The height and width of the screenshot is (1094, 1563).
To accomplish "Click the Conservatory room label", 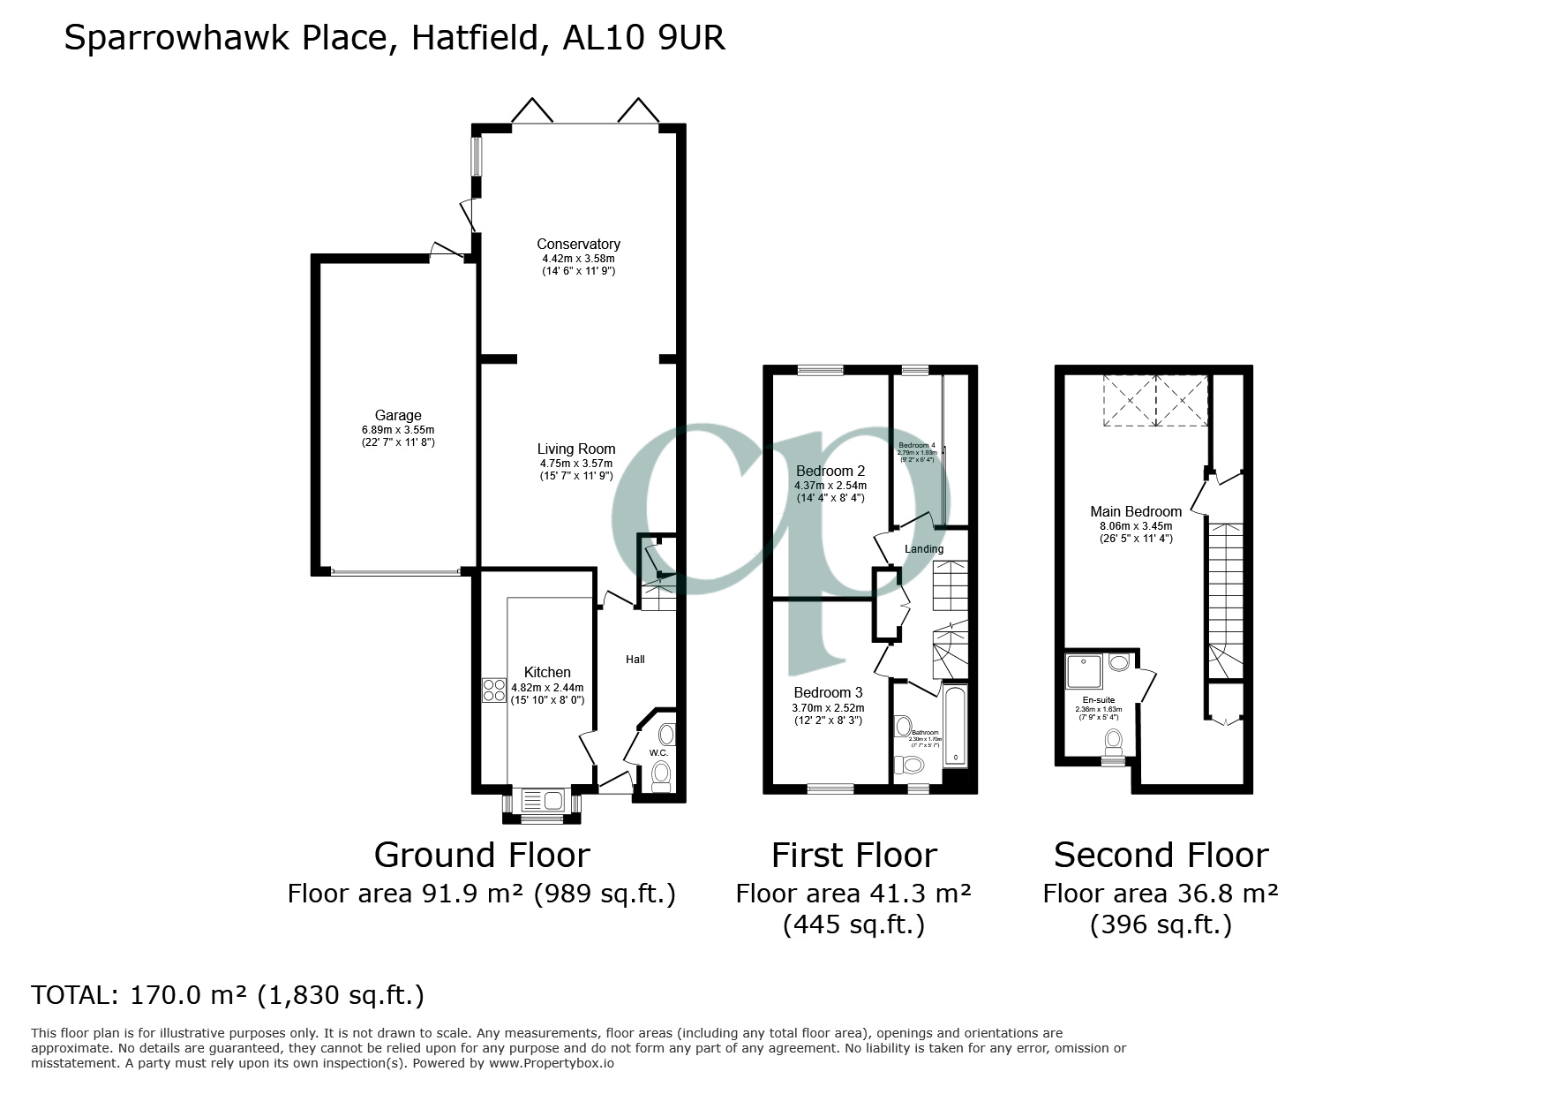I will coord(578,244).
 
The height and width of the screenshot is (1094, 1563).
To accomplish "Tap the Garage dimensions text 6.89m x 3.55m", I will coord(398,430).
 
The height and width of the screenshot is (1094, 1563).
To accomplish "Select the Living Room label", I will coord(576,449).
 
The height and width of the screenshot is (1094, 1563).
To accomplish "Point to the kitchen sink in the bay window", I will coord(542,802).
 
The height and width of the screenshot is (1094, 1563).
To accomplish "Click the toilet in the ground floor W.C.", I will coord(660,776).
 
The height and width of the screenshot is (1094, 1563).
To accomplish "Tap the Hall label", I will coord(635,660).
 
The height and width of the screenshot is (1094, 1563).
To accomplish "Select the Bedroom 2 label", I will coord(830,471).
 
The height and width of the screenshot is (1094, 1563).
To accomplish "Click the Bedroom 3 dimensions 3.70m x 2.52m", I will coord(828,707).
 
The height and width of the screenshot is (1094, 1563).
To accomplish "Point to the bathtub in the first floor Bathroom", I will coord(955,724).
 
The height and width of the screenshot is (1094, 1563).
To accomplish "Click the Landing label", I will coord(924,549).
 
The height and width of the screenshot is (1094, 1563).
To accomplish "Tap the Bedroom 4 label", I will coord(916,445).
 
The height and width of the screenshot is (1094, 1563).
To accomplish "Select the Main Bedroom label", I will coord(1135,511).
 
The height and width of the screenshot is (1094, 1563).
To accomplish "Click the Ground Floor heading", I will coord(481,855).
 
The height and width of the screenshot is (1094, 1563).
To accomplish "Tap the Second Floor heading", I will coord(1161,855).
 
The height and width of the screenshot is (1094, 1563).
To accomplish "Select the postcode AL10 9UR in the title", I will coord(644,38).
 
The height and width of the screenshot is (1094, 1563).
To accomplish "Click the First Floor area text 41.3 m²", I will coord(918,894).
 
